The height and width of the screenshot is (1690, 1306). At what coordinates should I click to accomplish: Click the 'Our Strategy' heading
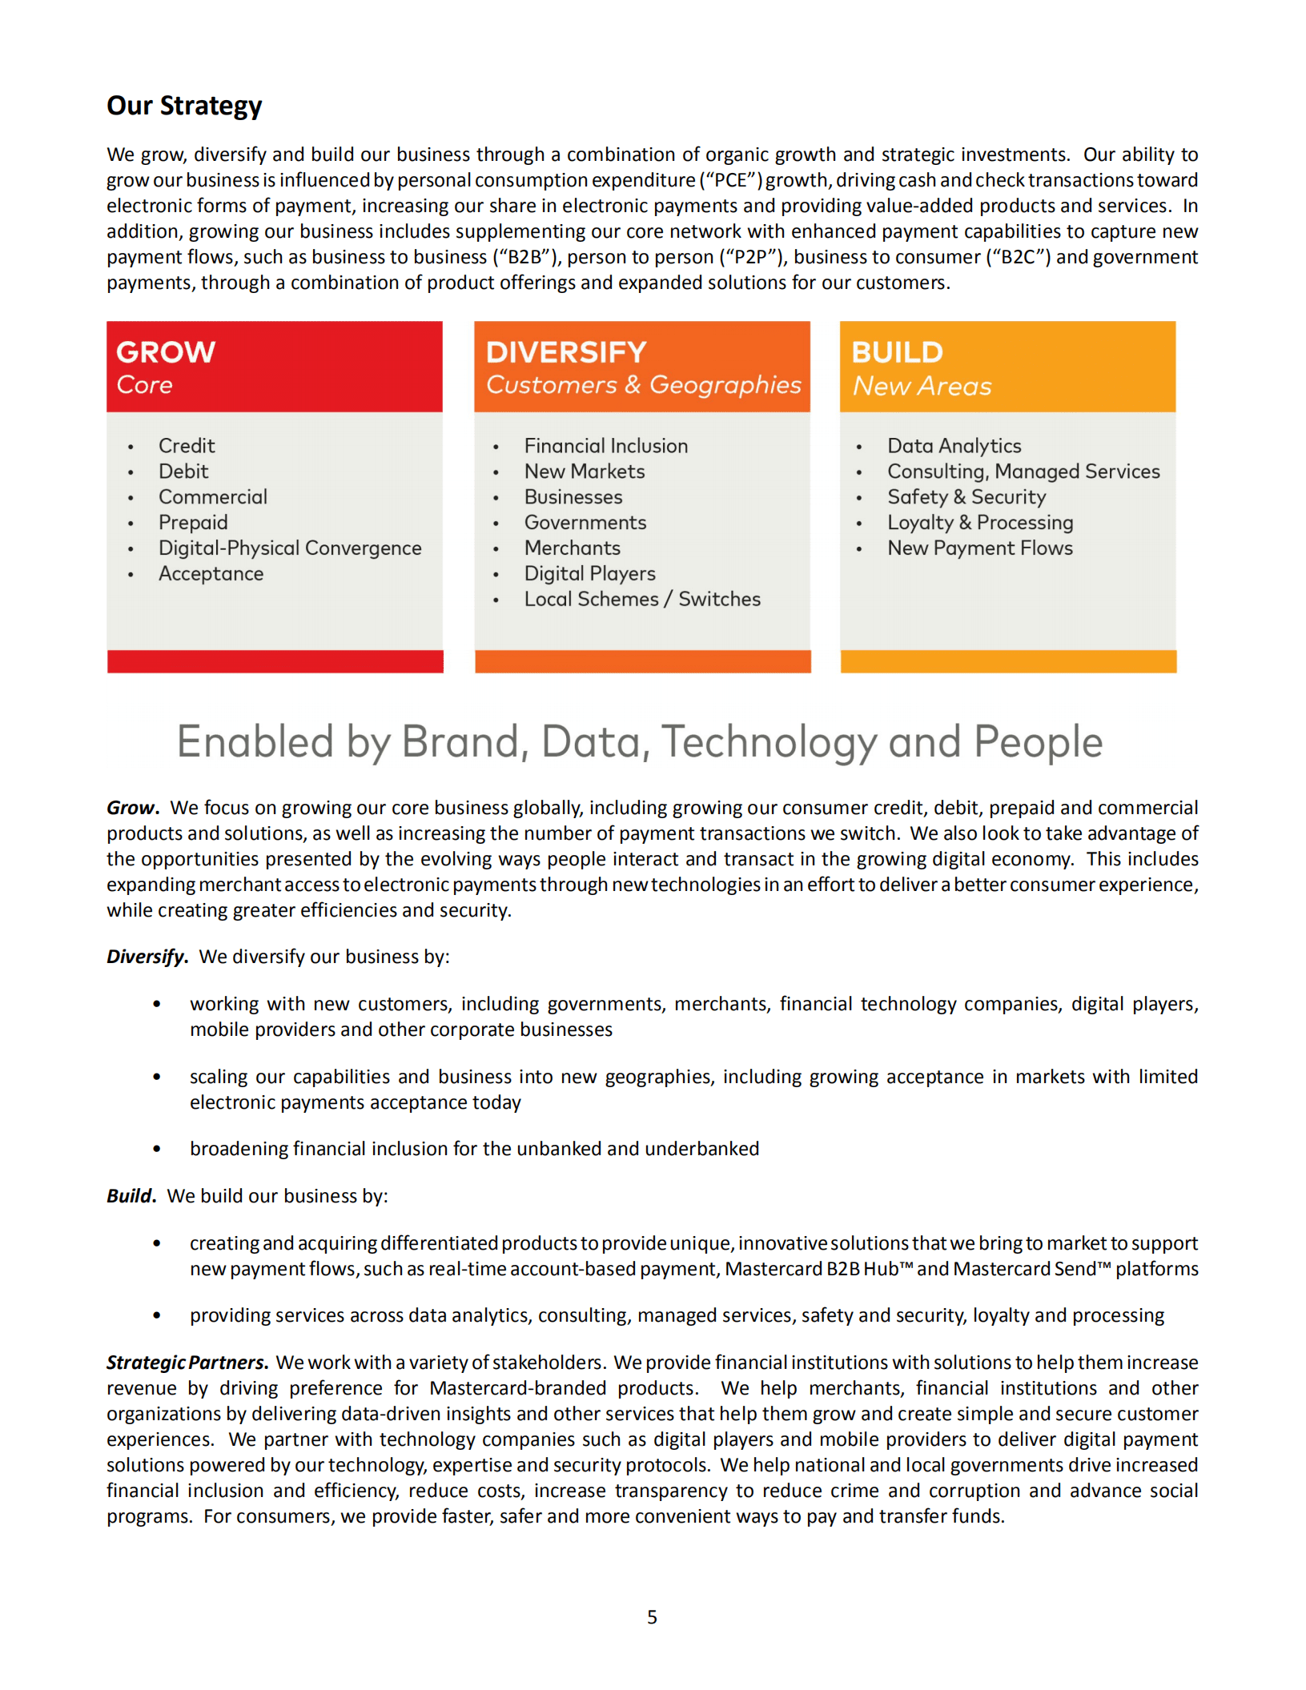(184, 106)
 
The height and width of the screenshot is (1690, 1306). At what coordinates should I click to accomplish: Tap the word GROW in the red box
(166, 352)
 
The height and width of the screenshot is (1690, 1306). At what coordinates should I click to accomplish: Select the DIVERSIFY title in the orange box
(565, 352)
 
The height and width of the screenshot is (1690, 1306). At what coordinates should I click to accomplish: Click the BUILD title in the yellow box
(896, 352)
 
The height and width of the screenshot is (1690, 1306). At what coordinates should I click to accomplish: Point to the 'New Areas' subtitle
(922, 386)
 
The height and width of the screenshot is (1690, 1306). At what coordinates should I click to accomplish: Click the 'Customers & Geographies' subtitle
(643, 385)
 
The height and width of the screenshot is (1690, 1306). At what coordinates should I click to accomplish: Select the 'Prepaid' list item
(193, 523)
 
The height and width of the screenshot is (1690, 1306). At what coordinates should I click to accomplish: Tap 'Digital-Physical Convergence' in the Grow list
(289, 548)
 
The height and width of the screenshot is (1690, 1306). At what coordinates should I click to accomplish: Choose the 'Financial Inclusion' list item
(605, 446)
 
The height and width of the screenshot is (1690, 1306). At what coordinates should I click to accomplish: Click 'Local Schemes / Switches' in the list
(641, 600)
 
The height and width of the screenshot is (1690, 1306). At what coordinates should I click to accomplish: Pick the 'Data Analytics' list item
(954, 446)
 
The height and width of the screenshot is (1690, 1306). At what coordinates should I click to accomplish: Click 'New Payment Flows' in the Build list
(979, 548)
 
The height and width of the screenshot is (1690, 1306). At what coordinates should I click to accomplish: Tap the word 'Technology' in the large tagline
(769, 742)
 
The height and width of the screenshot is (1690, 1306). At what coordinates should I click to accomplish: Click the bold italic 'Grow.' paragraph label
(133, 808)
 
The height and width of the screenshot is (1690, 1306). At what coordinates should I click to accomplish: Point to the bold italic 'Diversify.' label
(147, 957)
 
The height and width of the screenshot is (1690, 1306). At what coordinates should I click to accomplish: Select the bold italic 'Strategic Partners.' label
(187, 1363)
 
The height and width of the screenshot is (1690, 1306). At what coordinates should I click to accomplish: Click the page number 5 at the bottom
(652, 1617)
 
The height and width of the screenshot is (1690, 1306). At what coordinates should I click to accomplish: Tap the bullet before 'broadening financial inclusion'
(157, 1150)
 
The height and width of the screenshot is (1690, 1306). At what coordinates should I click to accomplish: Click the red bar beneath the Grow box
(275, 661)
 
